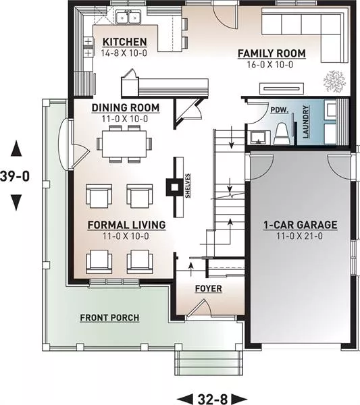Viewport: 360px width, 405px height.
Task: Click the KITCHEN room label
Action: click(x=124, y=42)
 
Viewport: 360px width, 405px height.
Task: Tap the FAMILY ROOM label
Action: click(x=272, y=53)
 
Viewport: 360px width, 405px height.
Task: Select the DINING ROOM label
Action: click(x=126, y=108)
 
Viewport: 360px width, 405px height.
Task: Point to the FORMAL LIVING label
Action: click(x=126, y=225)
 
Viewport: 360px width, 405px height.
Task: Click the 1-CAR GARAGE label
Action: click(x=301, y=225)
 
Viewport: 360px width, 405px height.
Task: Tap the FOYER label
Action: click(x=208, y=288)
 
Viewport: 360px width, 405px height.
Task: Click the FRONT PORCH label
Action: click(x=109, y=318)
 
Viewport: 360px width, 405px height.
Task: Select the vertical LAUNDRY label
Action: click(x=305, y=122)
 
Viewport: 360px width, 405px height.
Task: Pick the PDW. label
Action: click(x=280, y=110)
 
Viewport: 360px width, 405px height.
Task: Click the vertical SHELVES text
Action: click(x=188, y=186)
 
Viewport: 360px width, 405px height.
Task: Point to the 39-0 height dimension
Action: click(x=15, y=176)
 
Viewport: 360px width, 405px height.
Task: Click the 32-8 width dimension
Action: click(x=213, y=399)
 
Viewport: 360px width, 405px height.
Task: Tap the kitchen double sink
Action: click(x=128, y=17)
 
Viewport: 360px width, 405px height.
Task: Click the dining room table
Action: click(x=124, y=144)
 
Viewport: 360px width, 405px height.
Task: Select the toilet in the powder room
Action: click(x=282, y=133)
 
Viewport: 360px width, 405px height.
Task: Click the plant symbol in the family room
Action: click(x=334, y=81)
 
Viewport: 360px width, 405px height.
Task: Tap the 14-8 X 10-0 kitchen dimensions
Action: click(x=124, y=53)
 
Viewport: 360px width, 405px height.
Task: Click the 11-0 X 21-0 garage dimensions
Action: click(x=300, y=236)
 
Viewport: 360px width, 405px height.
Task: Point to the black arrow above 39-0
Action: click(x=16, y=148)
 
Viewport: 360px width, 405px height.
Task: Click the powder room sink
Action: click(x=260, y=138)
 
